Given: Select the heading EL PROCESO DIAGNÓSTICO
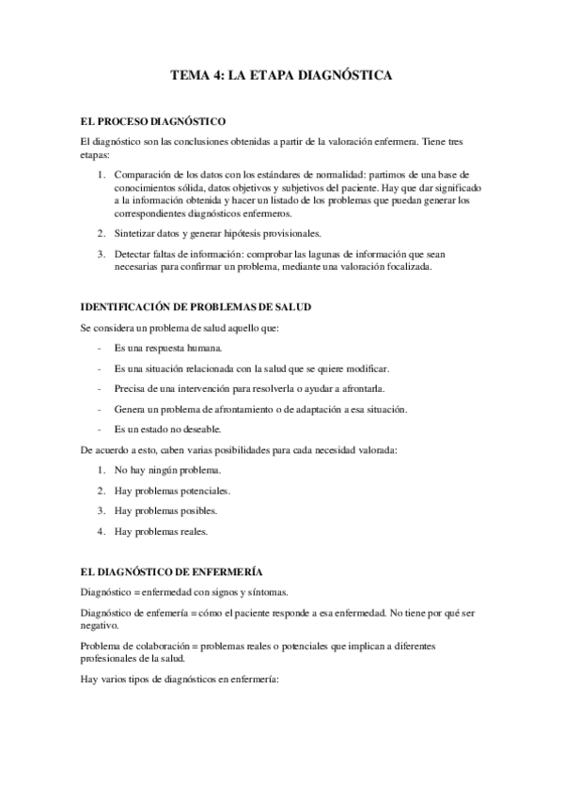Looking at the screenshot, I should pyautogui.click(x=152, y=121).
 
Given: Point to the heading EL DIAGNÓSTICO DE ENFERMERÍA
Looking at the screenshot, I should pyautogui.click(x=172, y=570).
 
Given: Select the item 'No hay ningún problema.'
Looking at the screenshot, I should pyautogui.click(x=166, y=470).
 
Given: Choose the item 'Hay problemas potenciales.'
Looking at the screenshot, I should pyautogui.click(x=172, y=491).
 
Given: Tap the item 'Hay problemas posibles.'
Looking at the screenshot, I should pyautogui.click(x=165, y=511).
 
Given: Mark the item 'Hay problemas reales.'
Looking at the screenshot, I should pyautogui.click(x=161, y=532).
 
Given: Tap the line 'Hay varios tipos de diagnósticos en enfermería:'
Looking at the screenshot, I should pyautogui.click(x=180, y=680).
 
